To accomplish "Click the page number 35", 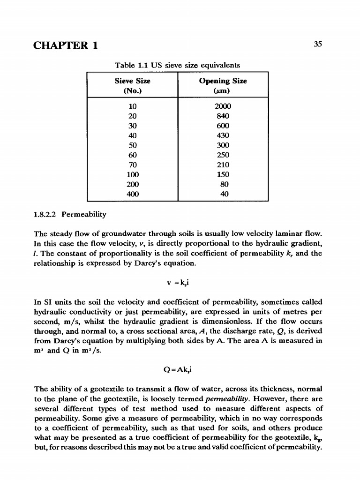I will pyautogui.click(x=318, y=45).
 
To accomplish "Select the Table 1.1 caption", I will pyautogui.click(x=178, y=65).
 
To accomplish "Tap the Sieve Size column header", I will pyautogui.click(x=133, y=85).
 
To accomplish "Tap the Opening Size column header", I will pyautogui.click(x=223, y=85).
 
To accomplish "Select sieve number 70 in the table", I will pyautogui.click(x=133, y=165).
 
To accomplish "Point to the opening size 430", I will pyautogui.click(x=223, y=135).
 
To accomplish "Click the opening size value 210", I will pyautogui.click(x=223, y=165).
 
